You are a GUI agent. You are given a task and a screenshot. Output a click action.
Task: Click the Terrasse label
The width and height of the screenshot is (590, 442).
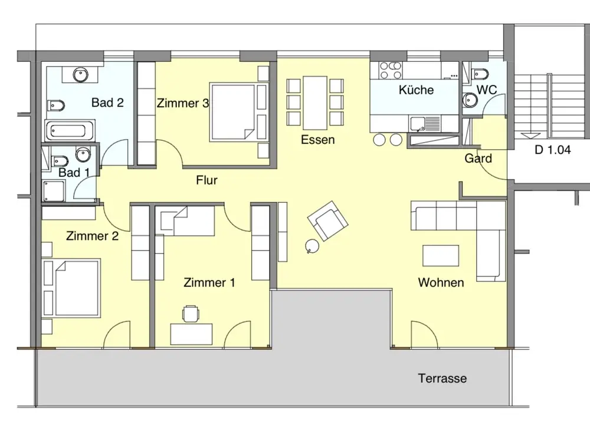click(442, 378)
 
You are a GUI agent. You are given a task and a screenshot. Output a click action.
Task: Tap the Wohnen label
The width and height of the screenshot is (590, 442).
click(441, 282)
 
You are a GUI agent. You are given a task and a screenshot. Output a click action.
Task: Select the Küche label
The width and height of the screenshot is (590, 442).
click(416, 90)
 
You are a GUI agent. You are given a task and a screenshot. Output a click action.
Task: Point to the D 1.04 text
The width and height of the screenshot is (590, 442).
click(552, 150)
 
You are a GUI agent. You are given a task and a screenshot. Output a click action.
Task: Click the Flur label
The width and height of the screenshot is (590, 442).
click(206, 180)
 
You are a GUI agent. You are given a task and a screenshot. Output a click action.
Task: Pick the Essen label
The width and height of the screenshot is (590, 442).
click(317, 140)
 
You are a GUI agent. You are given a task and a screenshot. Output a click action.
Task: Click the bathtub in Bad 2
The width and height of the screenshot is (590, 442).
click(70, 131)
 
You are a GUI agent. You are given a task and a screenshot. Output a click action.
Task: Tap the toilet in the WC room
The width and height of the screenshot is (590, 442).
click(479, 74)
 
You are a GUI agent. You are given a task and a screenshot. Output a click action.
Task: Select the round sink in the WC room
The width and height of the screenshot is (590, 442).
click(470, 100)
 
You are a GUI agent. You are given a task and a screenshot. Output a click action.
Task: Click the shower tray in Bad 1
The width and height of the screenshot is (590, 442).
click(54, 191)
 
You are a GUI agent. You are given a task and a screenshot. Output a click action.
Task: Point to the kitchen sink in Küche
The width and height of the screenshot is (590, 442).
click(418, 124)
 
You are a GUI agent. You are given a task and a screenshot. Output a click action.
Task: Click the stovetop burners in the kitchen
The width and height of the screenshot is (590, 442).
click(390, 70)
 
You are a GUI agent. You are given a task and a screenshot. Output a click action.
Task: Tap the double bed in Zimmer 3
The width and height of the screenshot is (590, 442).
click(238, 112)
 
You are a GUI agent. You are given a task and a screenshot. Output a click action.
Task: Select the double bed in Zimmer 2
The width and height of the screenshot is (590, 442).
click(72, 288)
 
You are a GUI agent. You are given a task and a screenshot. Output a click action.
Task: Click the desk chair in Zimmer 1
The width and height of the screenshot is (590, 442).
click(191, 314)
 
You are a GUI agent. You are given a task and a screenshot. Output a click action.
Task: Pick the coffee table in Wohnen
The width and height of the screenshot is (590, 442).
click(441, 256)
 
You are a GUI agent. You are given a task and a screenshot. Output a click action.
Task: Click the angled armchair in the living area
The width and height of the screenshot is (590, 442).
click(327, 220)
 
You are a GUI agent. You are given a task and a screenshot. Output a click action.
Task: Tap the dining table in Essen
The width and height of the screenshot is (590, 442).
click(315, 103)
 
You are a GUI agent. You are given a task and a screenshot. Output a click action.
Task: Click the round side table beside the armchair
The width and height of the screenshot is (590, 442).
click(312, 246)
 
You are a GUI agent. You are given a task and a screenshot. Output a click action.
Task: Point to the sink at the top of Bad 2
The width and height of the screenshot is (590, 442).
click(80, 74)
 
